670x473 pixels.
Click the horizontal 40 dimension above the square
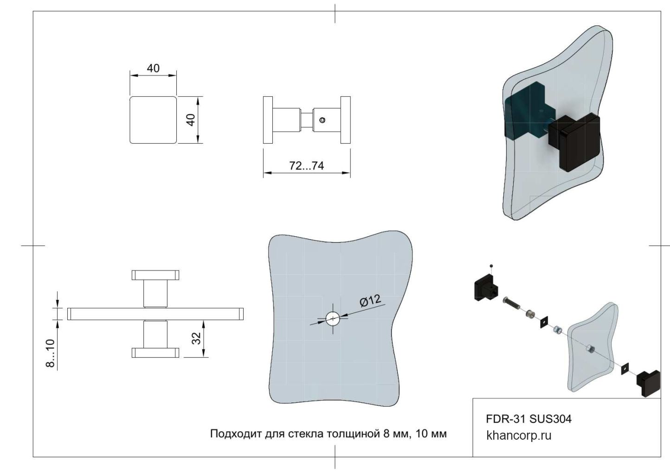[x=153, y=69]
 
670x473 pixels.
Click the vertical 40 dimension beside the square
[x=190, y=120]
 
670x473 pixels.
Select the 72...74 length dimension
[x=306, y=166]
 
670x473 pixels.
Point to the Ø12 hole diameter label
[x=370, y=301]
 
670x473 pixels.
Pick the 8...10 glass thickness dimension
[x=50, y=353]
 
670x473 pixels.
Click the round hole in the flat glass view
[x=333, y=318]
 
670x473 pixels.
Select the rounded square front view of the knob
[x=153, y=120]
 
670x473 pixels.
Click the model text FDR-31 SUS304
[x=528, y=419]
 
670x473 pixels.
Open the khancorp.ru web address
[x=519, y=435]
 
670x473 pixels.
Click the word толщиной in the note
[x=354, y=434]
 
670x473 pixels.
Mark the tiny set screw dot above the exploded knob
[x=491, y=266]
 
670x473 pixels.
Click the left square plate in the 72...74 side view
[x=268, y=120]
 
